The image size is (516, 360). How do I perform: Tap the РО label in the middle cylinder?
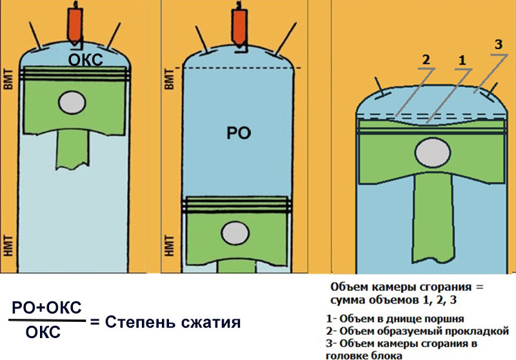pyautogui.click(x=239, y=134)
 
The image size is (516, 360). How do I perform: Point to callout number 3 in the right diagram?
pyautogui.click(x=497, y=45)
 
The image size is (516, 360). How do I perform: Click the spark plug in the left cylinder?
pyautogui.click(x=76, y=23)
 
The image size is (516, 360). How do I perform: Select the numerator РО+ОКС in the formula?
pyautogui.click(x=47, y=306)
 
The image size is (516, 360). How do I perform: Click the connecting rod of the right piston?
pyautogui.click(x=430, y=219)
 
